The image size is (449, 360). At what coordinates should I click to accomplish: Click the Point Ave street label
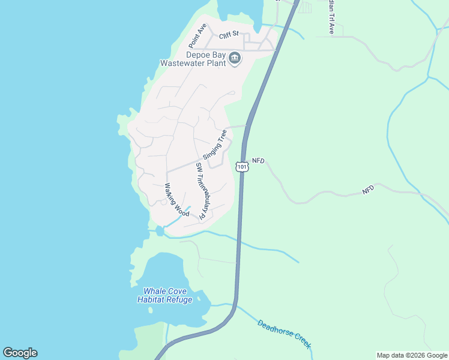197,35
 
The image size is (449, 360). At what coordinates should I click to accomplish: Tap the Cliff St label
229,36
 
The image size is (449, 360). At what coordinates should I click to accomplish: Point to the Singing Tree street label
214,144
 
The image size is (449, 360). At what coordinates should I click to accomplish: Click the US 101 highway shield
241,166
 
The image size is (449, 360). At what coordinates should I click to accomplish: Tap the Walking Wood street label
176,200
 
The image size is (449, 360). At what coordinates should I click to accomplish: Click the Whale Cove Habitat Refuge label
164,295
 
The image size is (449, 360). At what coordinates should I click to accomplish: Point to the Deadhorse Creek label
284,334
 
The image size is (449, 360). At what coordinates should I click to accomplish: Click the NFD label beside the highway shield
258,161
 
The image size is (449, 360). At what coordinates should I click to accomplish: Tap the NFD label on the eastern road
368,189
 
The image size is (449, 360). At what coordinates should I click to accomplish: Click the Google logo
20,353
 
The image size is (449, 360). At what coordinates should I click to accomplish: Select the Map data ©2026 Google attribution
412,355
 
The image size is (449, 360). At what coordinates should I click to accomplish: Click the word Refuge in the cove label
178,299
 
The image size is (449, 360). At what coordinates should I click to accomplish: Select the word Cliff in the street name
224,36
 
